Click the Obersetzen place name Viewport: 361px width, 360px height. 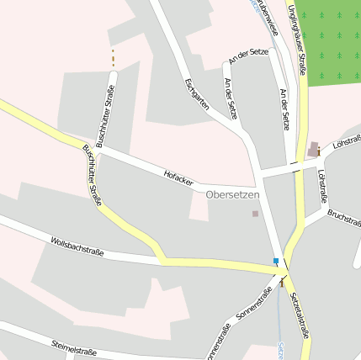tap(233, 194)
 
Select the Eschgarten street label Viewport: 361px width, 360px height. tap(196, 93)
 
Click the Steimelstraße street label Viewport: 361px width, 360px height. tap(74, 347)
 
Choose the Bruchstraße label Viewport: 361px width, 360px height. tap(343, 216)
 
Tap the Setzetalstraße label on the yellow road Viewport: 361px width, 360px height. tap(300, 315)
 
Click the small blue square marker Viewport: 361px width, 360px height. tap(275, 262)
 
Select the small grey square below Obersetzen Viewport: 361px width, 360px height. tap(255, 214)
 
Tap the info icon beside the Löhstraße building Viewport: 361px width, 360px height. tap(318, 151)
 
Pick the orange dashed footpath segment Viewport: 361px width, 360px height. tap(113, 58)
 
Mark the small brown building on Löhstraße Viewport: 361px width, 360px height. tap(313, 149)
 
